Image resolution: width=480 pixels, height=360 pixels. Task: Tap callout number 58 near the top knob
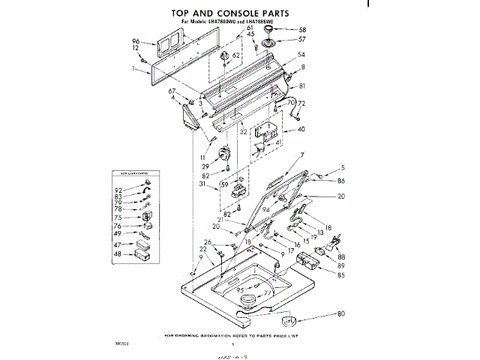[x=302, y=29]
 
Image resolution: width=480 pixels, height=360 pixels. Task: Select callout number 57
[x=302, y=39]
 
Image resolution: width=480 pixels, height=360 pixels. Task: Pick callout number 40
[x=301, y=130]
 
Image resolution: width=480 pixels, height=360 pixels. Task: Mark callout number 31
[x=203, y=185]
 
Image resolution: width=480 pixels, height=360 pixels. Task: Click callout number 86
[x=341, y=181]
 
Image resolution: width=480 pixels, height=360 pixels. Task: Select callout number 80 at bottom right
[x=341, y=313]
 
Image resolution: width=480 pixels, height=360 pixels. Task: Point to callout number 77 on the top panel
[x=267, y=292]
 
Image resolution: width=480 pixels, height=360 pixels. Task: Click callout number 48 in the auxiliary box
[x=118, y=254]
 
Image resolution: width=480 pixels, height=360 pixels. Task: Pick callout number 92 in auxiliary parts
[x=118, y=190]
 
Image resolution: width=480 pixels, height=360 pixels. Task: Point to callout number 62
[x=236, y=55]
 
